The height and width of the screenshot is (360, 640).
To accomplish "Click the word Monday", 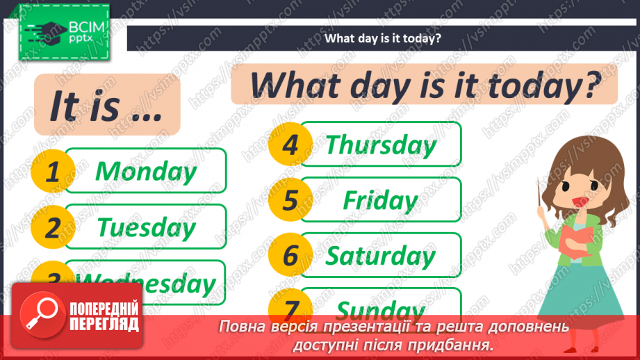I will [145, 171].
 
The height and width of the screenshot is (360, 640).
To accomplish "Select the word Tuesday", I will [146, 227].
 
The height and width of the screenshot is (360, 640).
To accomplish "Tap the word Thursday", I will [381, 145].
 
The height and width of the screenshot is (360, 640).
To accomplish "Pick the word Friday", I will [381, 201].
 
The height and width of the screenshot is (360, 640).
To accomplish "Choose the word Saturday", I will [381, 256].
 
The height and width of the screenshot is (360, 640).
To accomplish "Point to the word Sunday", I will [381, 309].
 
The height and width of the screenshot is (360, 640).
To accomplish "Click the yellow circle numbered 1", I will [53, 172].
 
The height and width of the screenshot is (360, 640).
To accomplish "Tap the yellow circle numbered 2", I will [53, 227].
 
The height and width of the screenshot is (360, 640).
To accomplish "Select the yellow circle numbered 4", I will [290, 145].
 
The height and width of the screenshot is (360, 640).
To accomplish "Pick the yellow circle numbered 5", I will [290, 201].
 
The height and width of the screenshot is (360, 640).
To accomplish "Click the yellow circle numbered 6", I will [290, 256].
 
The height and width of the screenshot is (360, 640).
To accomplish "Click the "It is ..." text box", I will [105, 105].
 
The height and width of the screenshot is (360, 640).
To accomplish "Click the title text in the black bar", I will [382, 38].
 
